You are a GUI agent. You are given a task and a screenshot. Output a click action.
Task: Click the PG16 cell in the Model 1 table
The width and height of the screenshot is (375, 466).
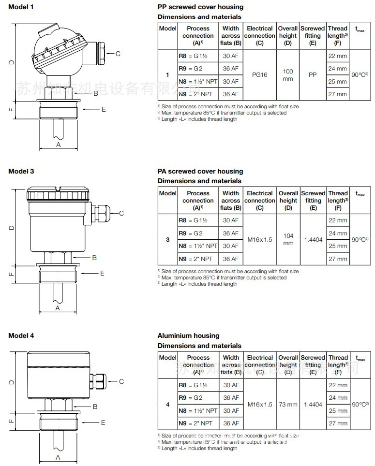260,75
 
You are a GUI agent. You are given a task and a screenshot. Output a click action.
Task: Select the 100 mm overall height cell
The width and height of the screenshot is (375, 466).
288,75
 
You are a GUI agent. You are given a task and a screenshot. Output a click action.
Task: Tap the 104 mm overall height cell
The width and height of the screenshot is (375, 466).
288,239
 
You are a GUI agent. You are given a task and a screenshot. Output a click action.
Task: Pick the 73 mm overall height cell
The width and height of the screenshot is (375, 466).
288,404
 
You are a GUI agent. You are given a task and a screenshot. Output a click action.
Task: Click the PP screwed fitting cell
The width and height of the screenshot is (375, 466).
313,75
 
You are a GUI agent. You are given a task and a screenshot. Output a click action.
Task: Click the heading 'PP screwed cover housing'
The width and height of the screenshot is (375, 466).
200,7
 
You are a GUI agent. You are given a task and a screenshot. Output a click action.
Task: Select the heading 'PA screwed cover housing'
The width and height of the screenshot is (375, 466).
200,171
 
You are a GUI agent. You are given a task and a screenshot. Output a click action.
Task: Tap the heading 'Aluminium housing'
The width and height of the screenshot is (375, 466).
188,335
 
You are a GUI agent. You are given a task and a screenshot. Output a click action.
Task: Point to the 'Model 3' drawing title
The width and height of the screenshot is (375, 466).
21,171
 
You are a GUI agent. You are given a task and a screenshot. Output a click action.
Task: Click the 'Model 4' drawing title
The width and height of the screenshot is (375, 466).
21,335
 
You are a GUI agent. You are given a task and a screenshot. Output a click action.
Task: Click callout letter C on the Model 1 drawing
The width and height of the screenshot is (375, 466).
118,54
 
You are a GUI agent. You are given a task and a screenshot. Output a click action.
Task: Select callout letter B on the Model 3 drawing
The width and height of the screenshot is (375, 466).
95,258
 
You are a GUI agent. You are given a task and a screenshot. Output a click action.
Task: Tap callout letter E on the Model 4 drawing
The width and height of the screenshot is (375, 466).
103,422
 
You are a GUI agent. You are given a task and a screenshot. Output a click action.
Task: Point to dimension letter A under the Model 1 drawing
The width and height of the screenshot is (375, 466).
59,144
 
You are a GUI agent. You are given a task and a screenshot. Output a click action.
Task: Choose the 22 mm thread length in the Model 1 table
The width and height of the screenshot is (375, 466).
338,56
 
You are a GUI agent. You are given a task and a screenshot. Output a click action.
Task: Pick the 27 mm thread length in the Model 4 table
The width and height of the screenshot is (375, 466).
338,423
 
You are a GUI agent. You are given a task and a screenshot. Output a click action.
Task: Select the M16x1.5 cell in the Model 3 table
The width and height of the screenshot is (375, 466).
260,239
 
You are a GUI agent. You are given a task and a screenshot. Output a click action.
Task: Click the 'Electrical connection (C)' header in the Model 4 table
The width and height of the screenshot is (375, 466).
260,364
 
